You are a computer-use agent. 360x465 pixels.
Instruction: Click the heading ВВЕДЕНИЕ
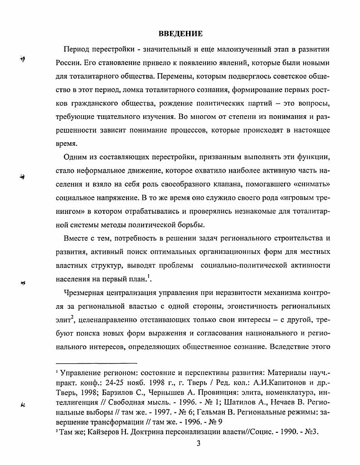click(180, 34)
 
